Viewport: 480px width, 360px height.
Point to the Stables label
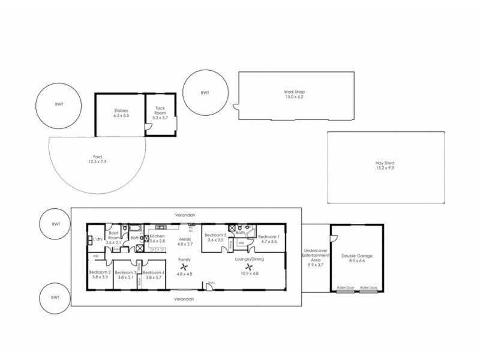[122, 110]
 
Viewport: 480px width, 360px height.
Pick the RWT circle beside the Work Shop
[205, 92]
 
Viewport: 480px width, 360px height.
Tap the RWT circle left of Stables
[58, 104]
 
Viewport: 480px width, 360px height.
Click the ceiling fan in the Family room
[184, 268]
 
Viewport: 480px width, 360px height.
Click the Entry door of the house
[209, 287]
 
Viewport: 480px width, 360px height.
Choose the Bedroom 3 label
[124, 272]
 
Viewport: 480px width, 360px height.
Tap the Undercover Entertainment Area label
[315, 257]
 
